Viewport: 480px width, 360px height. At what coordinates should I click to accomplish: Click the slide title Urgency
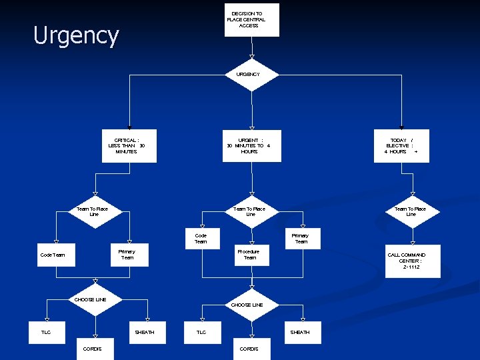[76, 35]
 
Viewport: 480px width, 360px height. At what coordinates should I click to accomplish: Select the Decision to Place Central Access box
[251, 20]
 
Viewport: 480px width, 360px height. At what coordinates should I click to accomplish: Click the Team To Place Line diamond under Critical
[95, 212]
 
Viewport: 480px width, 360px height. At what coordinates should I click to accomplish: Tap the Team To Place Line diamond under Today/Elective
[411, 212]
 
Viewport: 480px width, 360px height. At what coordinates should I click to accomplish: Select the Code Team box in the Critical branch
[56, 255]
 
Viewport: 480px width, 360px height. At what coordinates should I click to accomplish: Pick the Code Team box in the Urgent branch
[201, 239]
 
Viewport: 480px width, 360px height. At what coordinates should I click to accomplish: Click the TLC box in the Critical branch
[46, 332]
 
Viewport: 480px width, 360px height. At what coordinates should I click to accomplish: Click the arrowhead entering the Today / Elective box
[401, 126]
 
